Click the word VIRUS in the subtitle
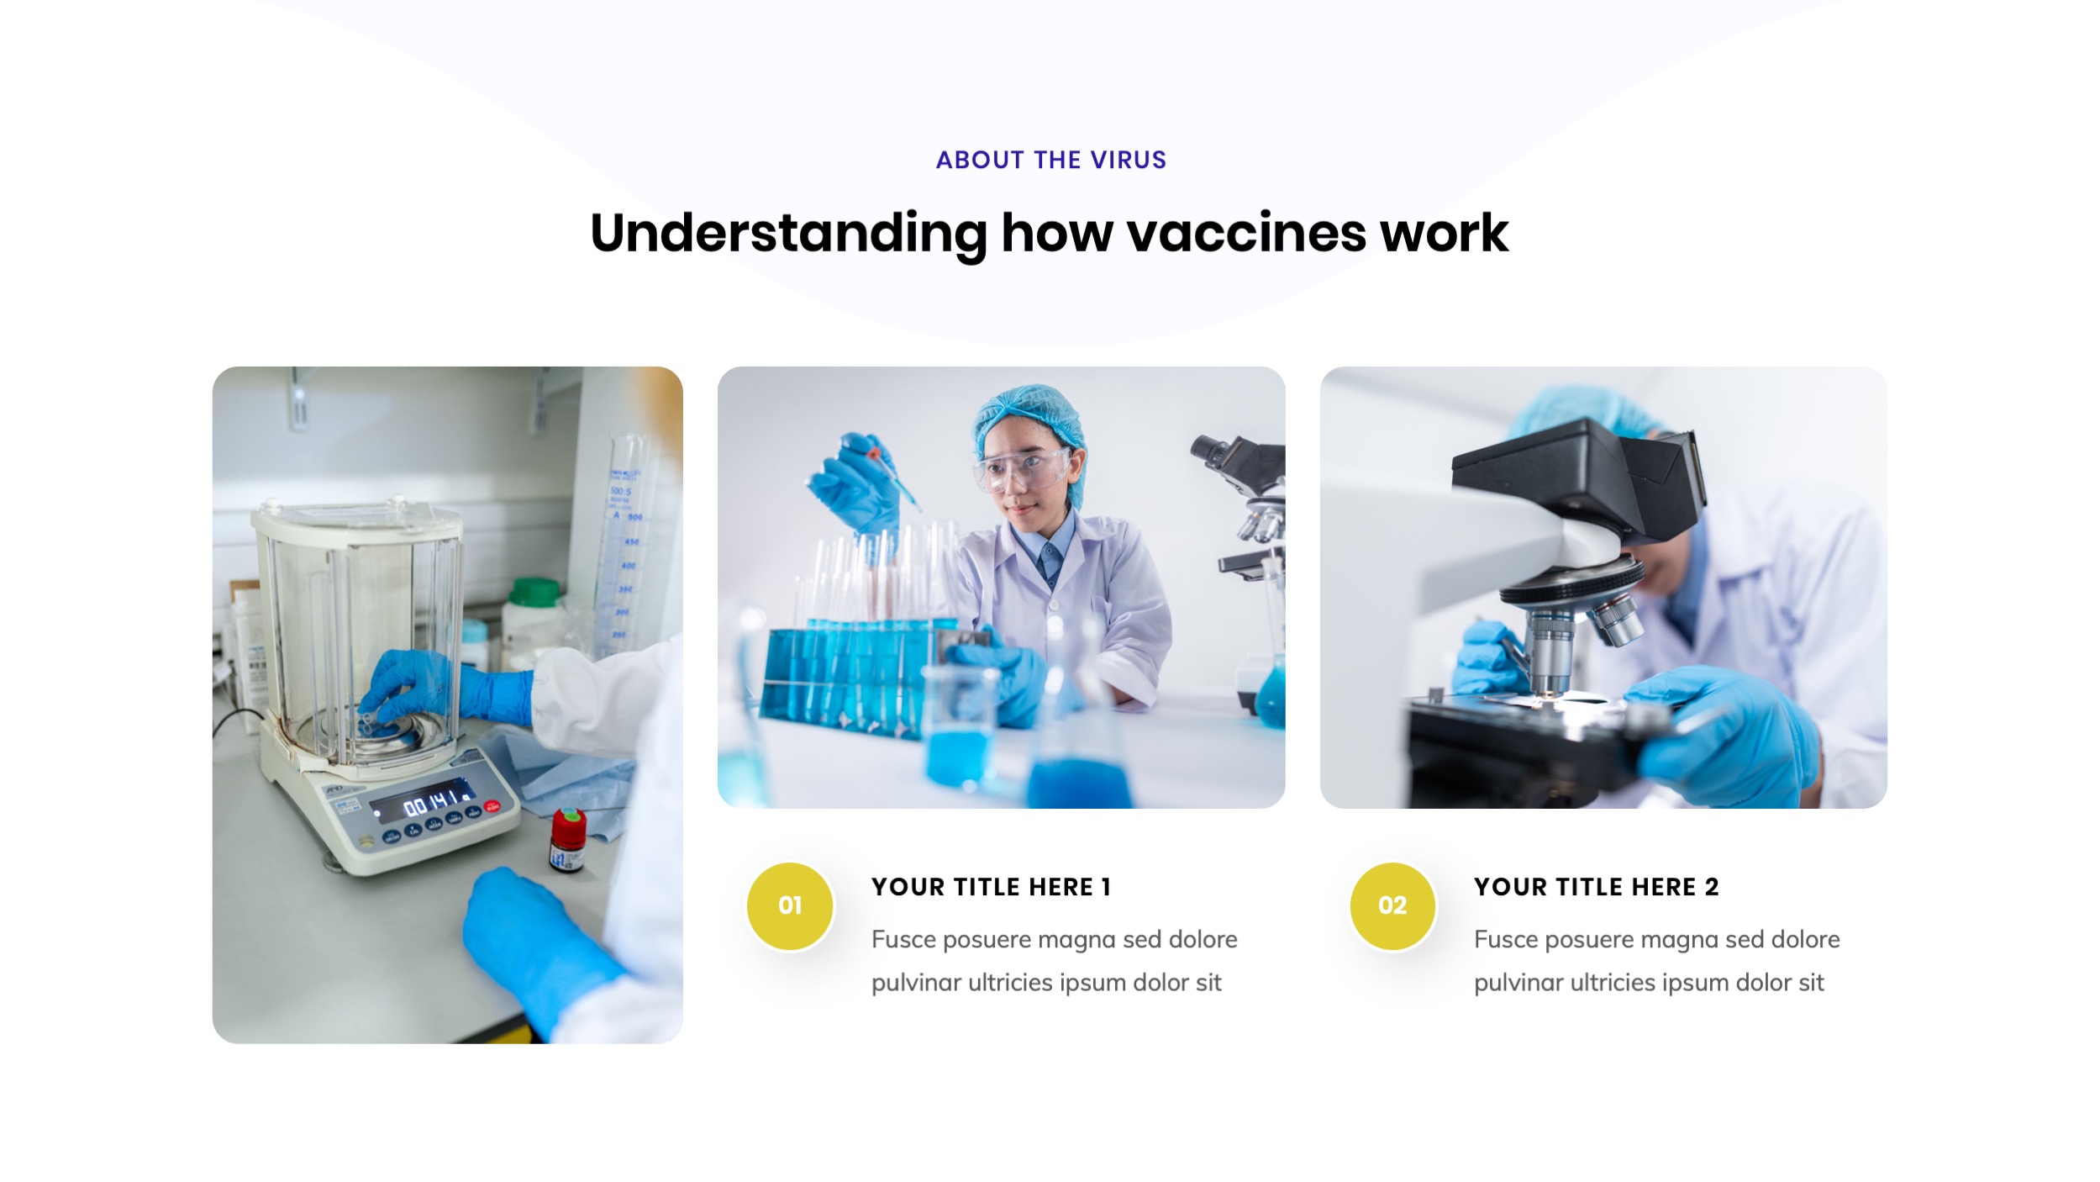(1128, 160)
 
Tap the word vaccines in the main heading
(1246, 233)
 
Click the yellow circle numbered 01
(790, 906)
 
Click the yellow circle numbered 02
(1392, 906)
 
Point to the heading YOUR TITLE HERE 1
(992, 887)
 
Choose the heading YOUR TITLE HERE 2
(1597, 887)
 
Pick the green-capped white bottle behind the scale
(534, 619)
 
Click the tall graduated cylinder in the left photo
(627, 546)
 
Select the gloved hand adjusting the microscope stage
(1723, 731)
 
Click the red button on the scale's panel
(492, 806)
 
